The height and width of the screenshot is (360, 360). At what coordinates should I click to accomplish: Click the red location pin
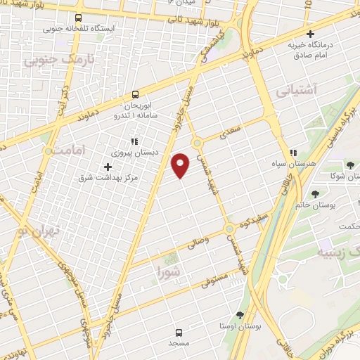coord(181,165)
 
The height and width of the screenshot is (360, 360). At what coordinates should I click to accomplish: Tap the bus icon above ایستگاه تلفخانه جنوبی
coord(77,18)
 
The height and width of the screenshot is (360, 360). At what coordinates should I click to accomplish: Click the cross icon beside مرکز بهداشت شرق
coord(108,167)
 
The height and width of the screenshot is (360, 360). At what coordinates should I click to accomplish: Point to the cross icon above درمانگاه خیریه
coord(309,34)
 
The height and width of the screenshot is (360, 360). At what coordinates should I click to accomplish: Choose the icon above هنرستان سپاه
coord(293,152)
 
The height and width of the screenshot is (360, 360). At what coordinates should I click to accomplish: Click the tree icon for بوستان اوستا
coord(240,315)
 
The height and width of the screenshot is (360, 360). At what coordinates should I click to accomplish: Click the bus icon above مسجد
coord(178,331)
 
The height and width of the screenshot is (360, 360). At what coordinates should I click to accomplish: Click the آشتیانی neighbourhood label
coord(297,90)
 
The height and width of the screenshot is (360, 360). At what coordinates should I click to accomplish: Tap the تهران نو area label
coord(37,231)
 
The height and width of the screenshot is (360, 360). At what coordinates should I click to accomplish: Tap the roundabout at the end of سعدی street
coord(197,143)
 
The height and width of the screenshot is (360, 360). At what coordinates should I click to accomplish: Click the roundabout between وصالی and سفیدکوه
coord(229,229)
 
